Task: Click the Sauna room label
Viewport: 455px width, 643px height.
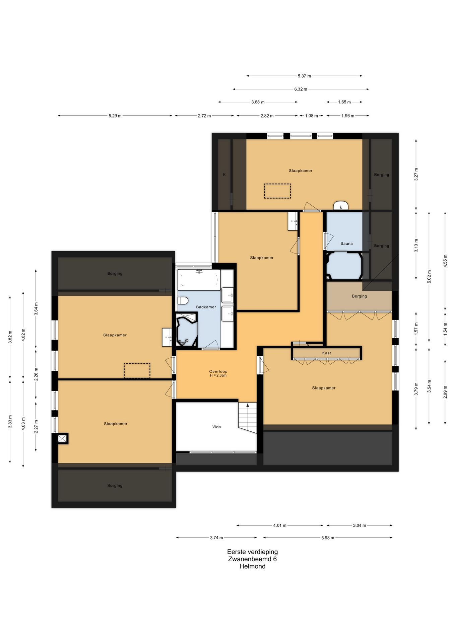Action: pos(346,243)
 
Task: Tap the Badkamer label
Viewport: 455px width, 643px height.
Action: pos(206,307)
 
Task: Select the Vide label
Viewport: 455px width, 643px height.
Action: pos(216,427)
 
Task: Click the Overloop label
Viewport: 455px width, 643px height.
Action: pos(218,371)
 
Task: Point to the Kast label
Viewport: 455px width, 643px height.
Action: pos(327,353)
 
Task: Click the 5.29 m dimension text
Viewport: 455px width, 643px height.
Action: pos(115,116)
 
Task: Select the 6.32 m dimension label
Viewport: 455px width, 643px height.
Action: pos(301,89)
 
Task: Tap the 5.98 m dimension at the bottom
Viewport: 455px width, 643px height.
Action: pos(328,538)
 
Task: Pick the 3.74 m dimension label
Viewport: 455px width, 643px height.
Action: pos(216,538)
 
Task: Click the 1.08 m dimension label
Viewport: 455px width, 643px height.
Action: pos(311,116)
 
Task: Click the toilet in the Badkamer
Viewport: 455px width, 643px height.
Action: pos(182,300)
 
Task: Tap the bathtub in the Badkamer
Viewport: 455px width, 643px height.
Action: pos(199,280)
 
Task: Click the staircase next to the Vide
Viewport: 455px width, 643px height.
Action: pos(247,417)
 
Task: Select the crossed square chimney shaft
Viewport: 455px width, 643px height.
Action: pos(62,438)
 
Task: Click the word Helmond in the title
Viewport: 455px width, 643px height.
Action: pos(252,566)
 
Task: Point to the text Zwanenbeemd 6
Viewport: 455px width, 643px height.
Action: pos(252,559)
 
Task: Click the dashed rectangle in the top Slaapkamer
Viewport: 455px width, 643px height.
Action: pos(277,191)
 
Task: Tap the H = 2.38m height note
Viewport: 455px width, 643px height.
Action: pos(218,375)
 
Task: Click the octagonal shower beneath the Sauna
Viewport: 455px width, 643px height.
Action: pos(344,266)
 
